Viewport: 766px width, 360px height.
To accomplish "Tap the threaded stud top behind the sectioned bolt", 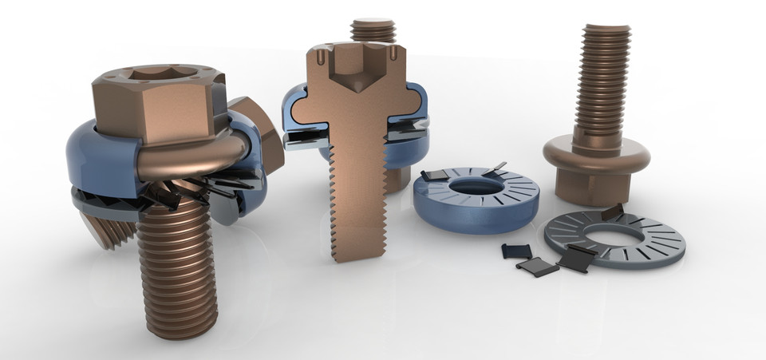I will pos(372,29).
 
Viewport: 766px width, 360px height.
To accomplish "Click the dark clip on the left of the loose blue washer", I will pos(433,176).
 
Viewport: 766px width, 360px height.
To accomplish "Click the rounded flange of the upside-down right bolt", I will pos(594,152).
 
